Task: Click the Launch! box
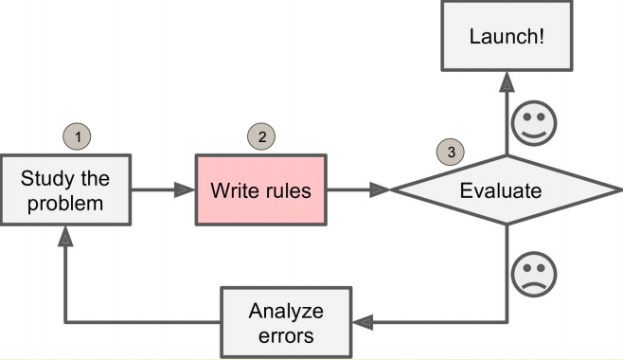[x=507, y=39]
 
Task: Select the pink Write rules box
[x=260, y=190]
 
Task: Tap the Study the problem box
[x=65, y=190]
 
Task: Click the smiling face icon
[x=534, y=124]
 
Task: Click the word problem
[x=65, y=203]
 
